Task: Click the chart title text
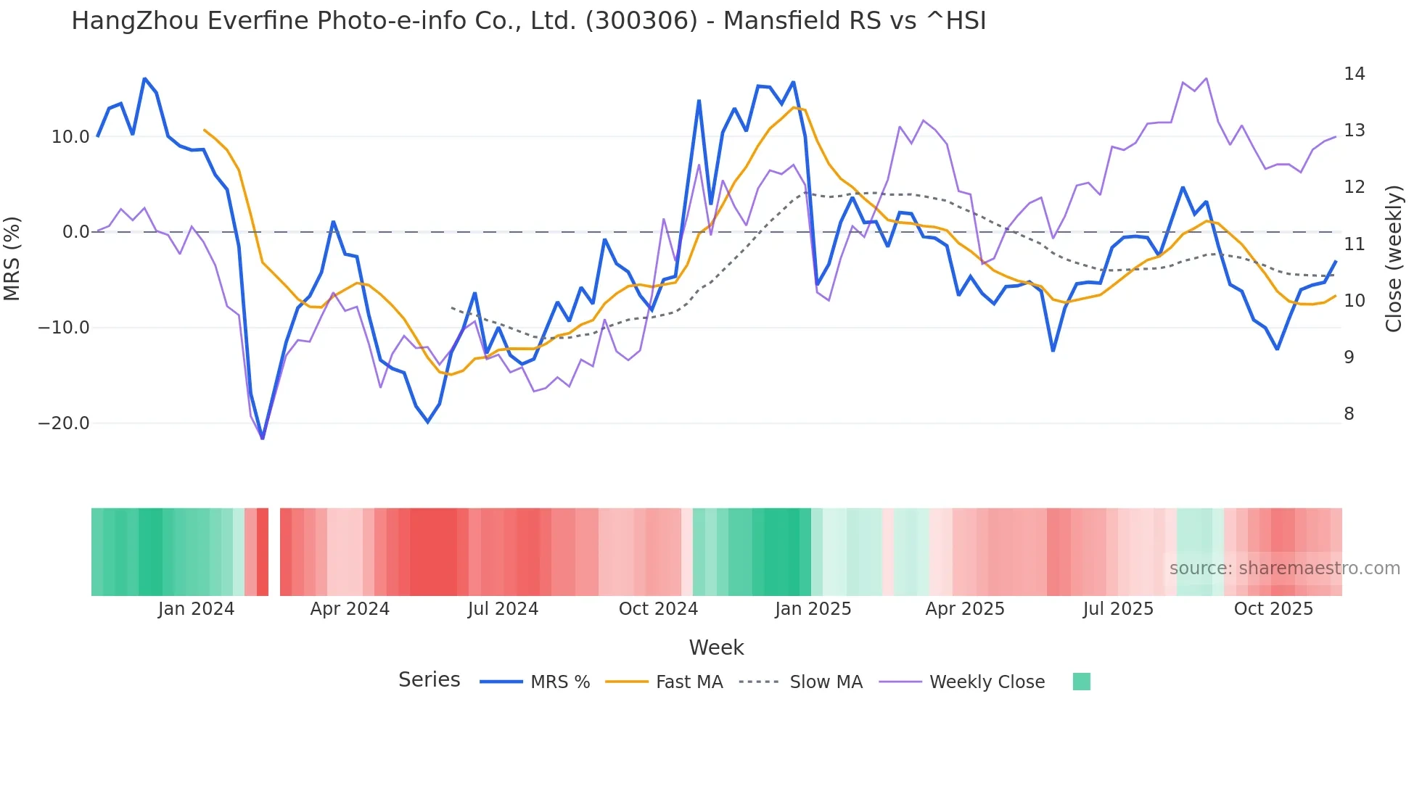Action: click(x=528, y=21)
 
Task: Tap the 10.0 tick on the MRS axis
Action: click(x=70, y=137)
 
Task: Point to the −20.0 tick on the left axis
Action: click(x=64, y=423)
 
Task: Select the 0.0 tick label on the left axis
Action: click(x=75, y=232)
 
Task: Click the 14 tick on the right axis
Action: click(x=1354, y=74)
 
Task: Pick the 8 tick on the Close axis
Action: click(x=1349, y=414)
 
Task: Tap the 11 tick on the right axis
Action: click(x=1354, y=244)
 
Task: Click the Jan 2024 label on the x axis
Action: click(x=196, y=609)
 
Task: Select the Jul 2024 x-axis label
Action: click(x=503, y=609)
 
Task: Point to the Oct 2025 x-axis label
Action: click(x=1273, y=609)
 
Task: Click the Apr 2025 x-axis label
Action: click(x=965, y=609)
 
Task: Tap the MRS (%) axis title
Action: click(x=12, y=258)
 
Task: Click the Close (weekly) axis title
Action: click(x=1394, y=259)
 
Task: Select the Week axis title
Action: click(x=716, y=647)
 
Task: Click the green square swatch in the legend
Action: click(x=1081, y=682)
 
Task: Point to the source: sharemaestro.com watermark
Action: click(x=1284, y=568)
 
